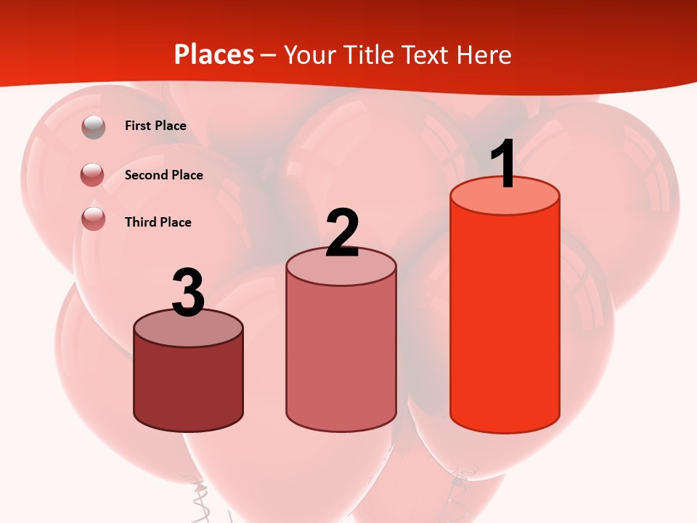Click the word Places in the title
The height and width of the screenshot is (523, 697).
click(x=214, y=54)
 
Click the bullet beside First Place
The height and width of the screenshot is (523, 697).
click(x=94, y=126)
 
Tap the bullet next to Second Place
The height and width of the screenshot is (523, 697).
click(x=92, y=174)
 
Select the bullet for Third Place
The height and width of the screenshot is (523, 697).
click(x=94, y=219)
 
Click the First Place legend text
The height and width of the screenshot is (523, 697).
click(x=155, y=126)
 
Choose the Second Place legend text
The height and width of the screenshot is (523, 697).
click(x=163, y=175)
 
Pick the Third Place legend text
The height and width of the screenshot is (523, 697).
click(x=158, y=222)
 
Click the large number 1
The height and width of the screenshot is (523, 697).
click(x=503, y=164)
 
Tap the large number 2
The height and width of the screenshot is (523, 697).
click(x=343, y=233)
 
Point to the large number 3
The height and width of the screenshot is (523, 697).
click(x=189, y=293)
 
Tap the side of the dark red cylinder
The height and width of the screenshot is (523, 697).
click(x=189, y=385)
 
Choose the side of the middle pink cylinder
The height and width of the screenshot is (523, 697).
click(x=341, y=356)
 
